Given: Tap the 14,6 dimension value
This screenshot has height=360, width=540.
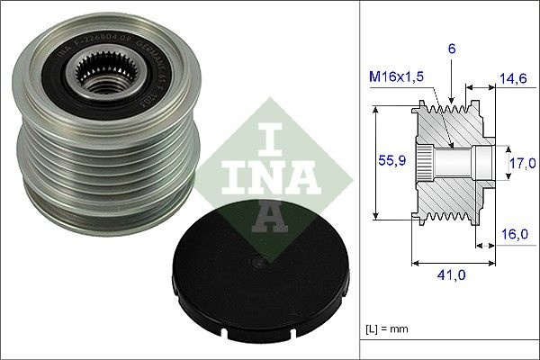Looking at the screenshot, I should point(513,80).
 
